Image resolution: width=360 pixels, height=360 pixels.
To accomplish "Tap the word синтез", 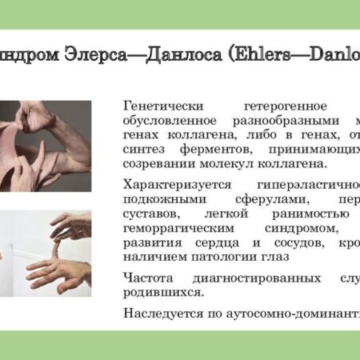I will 146,148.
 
